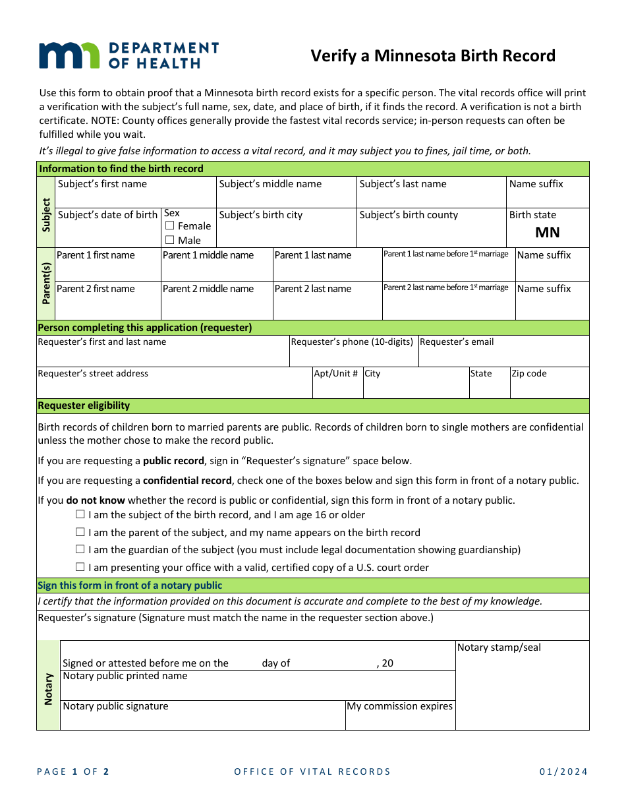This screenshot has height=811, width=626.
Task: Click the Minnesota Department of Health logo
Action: point(128,55)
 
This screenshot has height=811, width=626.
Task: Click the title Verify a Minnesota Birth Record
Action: point(433,56)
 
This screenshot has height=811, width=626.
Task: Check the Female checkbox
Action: point(170,226)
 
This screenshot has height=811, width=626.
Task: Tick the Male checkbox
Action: point(170,241)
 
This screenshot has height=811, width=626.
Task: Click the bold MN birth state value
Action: point(547,232)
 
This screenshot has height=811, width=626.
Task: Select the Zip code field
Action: point(549,387)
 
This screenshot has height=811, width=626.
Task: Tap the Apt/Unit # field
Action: point(337,387)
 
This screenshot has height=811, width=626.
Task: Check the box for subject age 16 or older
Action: point(80,515)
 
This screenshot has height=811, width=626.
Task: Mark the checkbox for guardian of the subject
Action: point(80,550)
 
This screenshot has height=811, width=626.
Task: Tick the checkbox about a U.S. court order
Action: point(80,568)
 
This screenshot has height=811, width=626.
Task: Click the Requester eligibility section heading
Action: point(84,405)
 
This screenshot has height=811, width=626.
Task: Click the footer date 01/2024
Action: point(563,772)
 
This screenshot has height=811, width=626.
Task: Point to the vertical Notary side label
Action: point(48,689)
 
